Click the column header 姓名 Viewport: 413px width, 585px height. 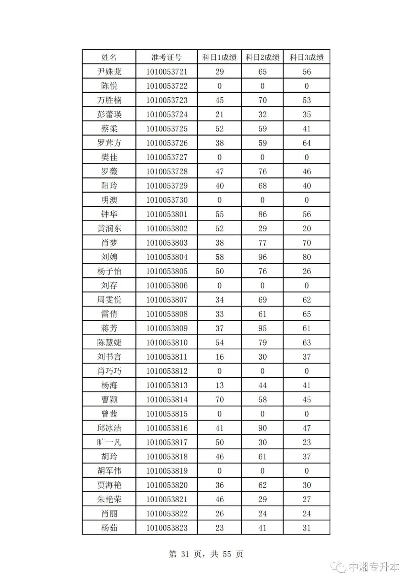pyautogui.click(x=109, y=57)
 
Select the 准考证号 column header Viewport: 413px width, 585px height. pyautogui.click(x=166, y=57)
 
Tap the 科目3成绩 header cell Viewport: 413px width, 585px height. pyautogui.click(x=306, y=57)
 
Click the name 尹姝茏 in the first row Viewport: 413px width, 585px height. pyautogui.click(x=109, y=72)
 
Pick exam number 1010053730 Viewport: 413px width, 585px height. pyautogui.click(x=167, y=200)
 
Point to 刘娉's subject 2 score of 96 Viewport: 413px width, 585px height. pyautogui.click(x=262, y=257)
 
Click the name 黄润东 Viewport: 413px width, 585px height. pyautogui.click(x=109, y=229)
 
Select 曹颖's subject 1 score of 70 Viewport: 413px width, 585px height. pyautogui.click(x=220, y=400)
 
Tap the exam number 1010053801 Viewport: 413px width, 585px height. pyautogui.click(x=167, y=214)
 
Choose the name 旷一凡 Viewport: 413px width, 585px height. pyautogui.click(x=109, y=442)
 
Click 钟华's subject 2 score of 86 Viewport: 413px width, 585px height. pyautogui.click(x=262, y=214)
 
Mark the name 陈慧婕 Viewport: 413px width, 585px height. pyautogui.click(x=109, y=342)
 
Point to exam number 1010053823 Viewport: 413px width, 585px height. pyautogui.click(x=167, y=528)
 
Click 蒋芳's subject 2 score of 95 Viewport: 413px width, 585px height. pyautogui.click(x=262, y=328)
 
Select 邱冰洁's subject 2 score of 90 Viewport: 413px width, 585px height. pyautogui.click(x=262, y=428)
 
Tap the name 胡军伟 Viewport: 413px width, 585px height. pyautogui.click(x=109, y=471)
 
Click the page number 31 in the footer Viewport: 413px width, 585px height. pyautogui.click(x=185, y=554)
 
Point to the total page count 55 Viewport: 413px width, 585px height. pyautogui.click(x=227, y=554)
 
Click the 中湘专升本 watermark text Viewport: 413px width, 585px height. pyautogui.click(x=374, y=567)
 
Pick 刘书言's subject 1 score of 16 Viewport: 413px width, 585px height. pyautogui.click(x=220, y=357)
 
